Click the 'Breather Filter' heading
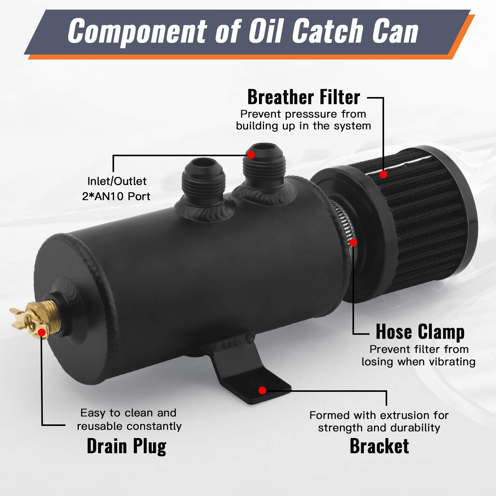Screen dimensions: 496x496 click(303, 97)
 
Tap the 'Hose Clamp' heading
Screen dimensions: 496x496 click(420, 332)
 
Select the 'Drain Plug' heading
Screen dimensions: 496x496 click(126, 446)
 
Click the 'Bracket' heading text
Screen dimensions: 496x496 click(379, 446)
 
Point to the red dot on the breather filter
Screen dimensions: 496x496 click(383, 175)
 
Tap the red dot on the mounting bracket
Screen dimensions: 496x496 click(262, 390)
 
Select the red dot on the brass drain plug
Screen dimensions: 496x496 click(42, 333)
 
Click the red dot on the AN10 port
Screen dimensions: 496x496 click(250, 154)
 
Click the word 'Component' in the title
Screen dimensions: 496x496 click(137, 31)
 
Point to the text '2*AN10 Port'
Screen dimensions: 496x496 click(116, 196)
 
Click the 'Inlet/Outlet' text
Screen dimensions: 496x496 click(117, 181)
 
